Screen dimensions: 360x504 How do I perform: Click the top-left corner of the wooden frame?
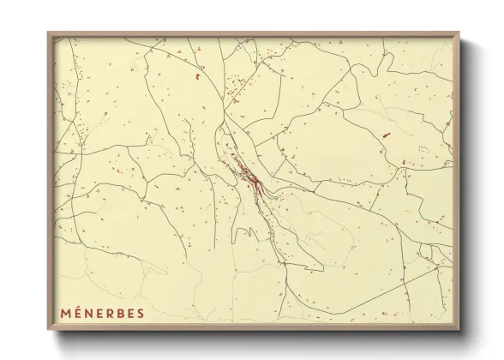click(49, 33)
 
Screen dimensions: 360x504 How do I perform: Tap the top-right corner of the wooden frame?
click(459, 33)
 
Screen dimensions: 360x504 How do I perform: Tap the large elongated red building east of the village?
click(385, 135)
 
